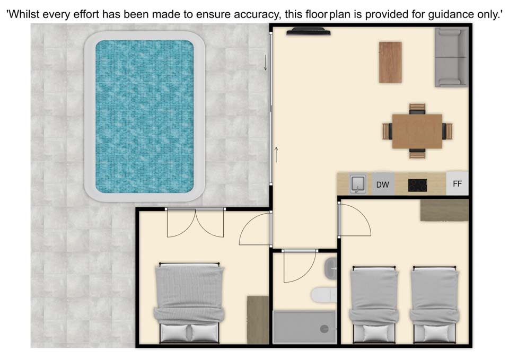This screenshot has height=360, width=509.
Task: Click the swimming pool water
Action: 144,116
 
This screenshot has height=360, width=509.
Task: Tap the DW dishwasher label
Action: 382,185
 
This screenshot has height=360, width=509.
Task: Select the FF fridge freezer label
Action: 457,184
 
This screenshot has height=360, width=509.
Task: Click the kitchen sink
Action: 358,184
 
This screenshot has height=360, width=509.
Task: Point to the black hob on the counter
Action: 417,186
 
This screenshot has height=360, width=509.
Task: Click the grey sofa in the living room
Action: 451,57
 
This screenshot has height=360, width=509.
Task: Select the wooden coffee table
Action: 390,63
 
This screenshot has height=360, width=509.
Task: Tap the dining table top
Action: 417,131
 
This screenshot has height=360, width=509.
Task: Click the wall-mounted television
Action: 309,31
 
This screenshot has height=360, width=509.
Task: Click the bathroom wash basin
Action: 331,268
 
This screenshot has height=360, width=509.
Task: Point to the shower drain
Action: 324,329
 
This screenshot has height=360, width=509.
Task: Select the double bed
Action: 189,303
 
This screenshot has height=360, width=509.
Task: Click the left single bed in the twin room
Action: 374,304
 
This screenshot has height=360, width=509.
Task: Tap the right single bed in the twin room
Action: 435,304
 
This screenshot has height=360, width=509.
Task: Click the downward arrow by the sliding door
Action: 266,63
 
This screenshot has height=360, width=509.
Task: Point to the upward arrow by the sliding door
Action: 276,154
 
